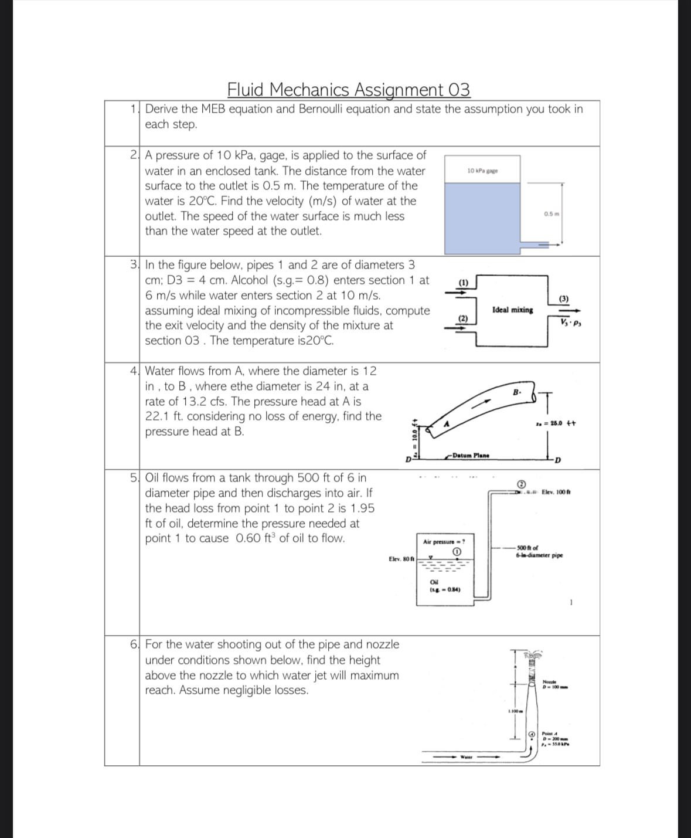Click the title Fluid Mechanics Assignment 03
pos(348,90)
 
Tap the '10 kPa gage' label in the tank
pos(482,171)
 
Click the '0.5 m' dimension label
pos(552,213)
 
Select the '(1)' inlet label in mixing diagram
pos(463,282)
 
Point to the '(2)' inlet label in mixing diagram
pos(463,318)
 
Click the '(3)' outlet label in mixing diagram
pos(563,298)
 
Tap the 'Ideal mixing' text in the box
pos(513,310)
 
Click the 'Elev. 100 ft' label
pos(556,491)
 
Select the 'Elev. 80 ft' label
pos(401,559)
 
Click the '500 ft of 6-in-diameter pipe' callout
pos(539,551)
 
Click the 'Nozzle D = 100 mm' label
pos(553,684)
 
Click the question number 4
pos(134,371)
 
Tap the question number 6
pos(134,644)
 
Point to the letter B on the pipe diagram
pos(516,392)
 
